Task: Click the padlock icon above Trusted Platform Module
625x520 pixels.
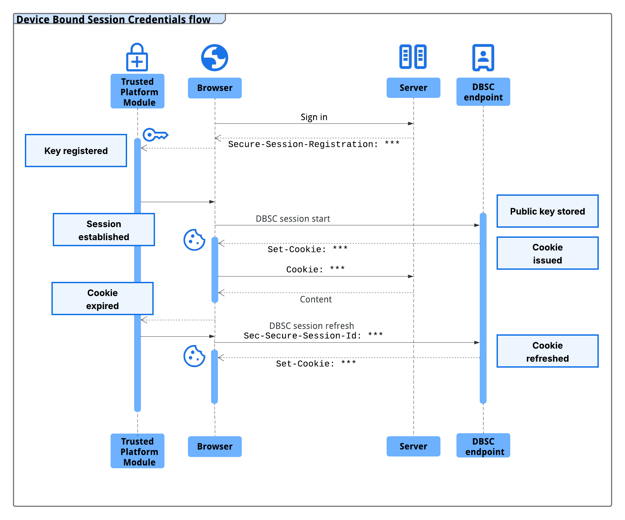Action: point(137,58)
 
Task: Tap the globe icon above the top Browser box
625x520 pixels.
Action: point(214,58)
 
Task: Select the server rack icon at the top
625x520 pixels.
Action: point(413,57)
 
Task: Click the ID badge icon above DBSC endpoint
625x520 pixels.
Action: point(483,58)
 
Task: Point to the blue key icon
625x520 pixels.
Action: point(155,135)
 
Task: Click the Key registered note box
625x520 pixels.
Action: point(76,151)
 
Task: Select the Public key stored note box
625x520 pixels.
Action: point(547,211)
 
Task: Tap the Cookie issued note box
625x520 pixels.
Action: point(547,253)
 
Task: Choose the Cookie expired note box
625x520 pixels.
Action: point(103,299)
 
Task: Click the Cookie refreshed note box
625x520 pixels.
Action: point(547,351)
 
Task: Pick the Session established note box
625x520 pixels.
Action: point(104,230)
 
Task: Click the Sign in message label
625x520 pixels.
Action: point(314,117)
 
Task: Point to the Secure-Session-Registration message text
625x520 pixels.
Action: point(314,144)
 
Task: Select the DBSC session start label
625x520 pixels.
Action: point(293,219)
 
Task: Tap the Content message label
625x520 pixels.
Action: point(316,299)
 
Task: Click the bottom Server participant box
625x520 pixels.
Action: point(413,446)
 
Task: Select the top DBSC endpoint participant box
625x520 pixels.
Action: point(483,92)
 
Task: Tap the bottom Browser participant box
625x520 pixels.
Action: point(214,447)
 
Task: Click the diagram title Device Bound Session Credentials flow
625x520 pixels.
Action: point(114,20)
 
